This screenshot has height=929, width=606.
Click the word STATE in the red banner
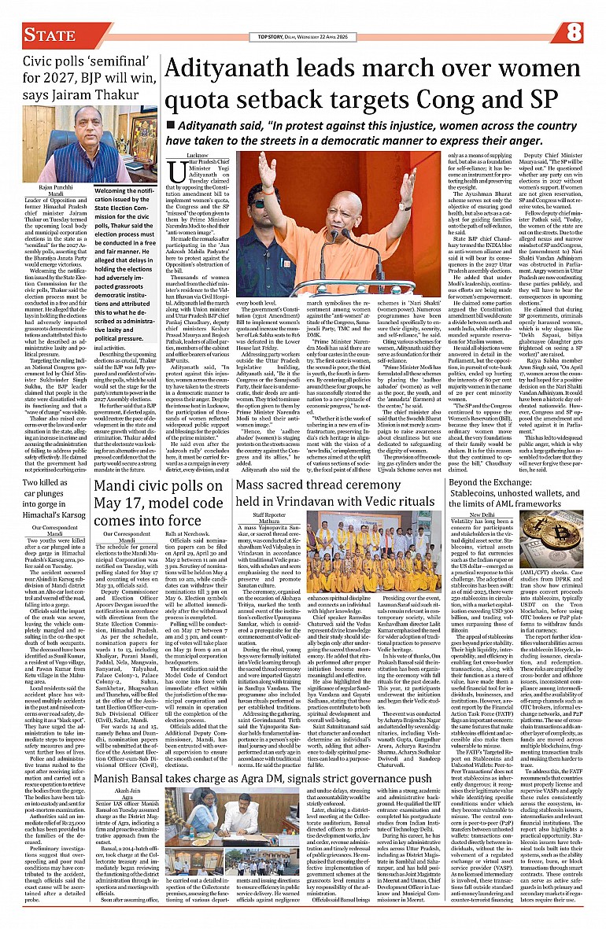tap(49, 34)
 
